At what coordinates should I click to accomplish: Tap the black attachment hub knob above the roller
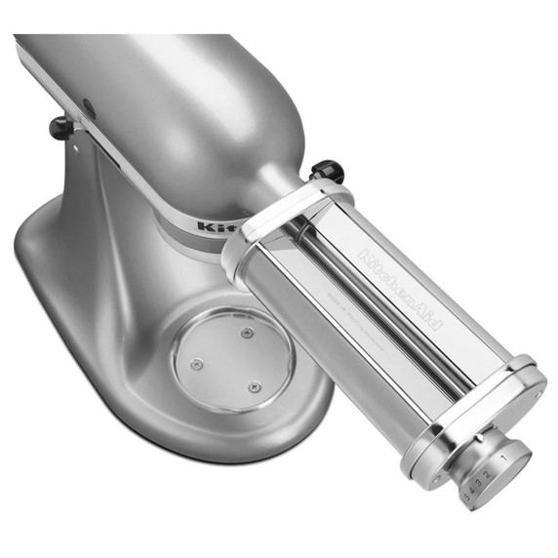[x=329, y=172]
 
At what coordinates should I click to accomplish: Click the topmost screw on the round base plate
[x=247, y=334]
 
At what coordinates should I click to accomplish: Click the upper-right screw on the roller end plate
[x=538, y=393]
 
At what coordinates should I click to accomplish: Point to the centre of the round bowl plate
[x=230, y=359]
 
